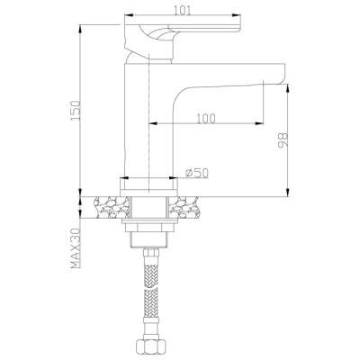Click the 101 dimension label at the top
pyautogui.click(x=182, y=11)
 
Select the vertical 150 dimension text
pyautogui.click(x=76, y=110)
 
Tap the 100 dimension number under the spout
pyautogui.click(x=206, y=119)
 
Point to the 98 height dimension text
pyautogui.click(x=283, y=140)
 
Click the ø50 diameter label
pyautogui.click(x=197, y=173)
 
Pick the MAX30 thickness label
pyautogui.click(x=76, y=247)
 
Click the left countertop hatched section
pyautogui.click(x=112, y=207)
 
